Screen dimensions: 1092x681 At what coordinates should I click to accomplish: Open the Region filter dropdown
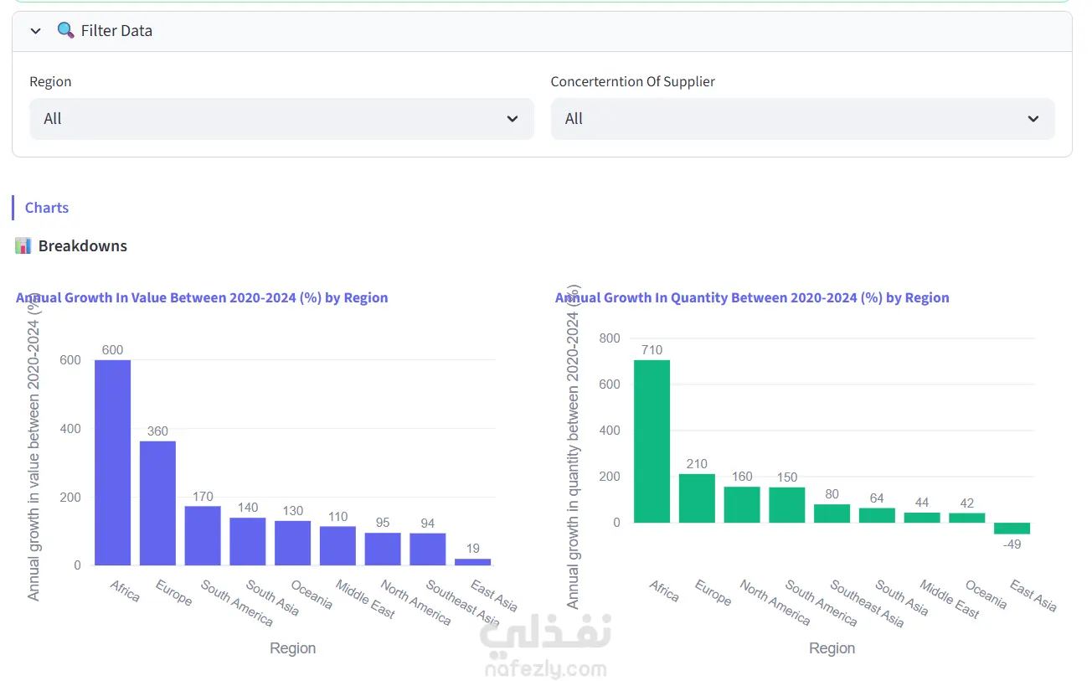coord(281,118)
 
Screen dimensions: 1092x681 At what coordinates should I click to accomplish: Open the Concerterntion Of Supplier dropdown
coord(803,118)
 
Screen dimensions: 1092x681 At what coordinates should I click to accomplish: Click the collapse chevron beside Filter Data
coord(35,31)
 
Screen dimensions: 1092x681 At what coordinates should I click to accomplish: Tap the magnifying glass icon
coord(65,30)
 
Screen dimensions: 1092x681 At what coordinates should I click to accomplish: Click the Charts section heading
coord(47,208)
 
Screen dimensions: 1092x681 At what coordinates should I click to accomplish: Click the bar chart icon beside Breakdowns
coord(23,245)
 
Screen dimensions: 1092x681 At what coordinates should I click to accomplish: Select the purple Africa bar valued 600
coord(112,462)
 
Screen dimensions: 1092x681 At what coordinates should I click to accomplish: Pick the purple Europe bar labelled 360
coord(157,503)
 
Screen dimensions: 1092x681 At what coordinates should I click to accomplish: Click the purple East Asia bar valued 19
coord(472,562)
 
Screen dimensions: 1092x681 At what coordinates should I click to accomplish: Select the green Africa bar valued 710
coord(652,441)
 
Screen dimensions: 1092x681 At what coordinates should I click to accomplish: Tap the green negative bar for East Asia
coord(1012,529)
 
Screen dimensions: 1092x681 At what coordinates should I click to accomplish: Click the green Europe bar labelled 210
coord(697,498)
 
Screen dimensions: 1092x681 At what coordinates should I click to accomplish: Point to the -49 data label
coord(1012,544)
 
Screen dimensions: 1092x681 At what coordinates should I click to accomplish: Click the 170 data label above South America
coord(203,496)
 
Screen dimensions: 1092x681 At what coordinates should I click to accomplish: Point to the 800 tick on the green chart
coord(610,338)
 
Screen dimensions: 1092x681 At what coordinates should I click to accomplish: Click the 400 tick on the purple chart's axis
coord(70,429)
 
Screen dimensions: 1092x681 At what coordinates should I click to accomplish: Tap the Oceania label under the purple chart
coord(312,594)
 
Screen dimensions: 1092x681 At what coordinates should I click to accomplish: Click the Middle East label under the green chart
coord(950,599)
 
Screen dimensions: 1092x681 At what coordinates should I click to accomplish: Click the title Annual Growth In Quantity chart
coord(752,297)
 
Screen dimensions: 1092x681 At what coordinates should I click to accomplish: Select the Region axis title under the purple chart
coord(293,647)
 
